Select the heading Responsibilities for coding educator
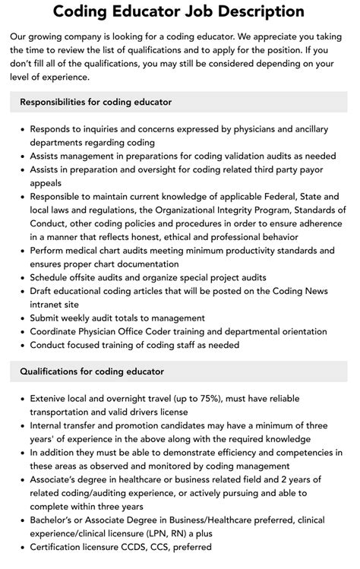tap(96, 101)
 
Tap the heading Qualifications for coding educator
tap(92, 371)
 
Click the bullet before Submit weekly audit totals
tap(21, 318)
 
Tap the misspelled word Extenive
tap(52, 398)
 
